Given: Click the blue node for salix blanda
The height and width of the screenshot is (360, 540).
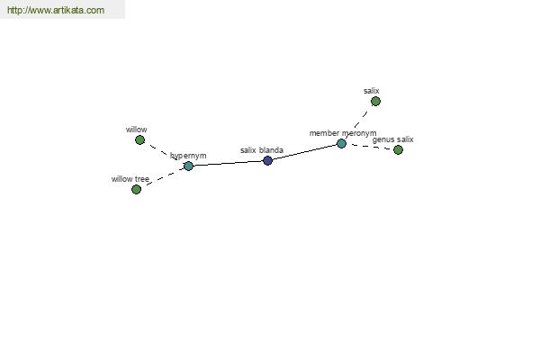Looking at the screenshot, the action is [267, 160].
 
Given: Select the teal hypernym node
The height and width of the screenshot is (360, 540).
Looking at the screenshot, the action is [188, 166].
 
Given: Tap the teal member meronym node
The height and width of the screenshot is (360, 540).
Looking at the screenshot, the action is [341, 143].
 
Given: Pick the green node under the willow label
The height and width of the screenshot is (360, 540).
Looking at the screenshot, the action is [139, 139].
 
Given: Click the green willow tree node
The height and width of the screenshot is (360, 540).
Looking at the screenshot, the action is [137, 189].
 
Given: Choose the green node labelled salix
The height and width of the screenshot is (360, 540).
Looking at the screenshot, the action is [375, 102].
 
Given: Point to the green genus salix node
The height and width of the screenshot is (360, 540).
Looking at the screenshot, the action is [398, 150].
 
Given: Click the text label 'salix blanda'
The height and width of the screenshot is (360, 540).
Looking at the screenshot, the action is [262, 150].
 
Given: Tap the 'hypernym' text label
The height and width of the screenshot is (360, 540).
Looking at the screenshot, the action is [188, 156].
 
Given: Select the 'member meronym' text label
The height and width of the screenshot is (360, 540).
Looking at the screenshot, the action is [343, 133].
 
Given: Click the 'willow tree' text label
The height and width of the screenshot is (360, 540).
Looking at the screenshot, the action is [130, 179].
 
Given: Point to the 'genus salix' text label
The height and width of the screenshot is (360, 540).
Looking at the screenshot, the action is [393, 139].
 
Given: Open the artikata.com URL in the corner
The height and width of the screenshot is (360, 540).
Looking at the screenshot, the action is [56, 10].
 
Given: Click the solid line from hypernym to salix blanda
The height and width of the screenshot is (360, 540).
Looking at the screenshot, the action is [228, 163].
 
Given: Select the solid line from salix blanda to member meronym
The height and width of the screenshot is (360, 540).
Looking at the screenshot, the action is [304, 152].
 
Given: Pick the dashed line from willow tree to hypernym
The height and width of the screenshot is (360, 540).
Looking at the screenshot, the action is [165, 177].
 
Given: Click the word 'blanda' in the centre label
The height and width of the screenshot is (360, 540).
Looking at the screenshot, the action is [271, 150].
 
